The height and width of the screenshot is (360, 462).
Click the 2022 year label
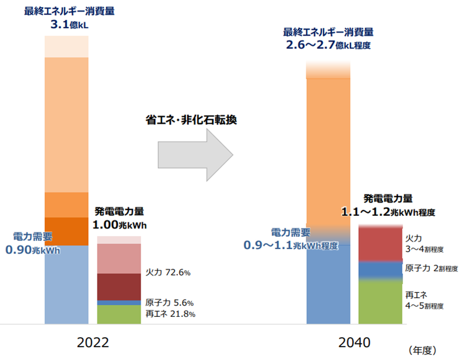pyautogui.click(x=93, y=342)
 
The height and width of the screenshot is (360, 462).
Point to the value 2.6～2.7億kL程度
pyautogui.click(x=328, y=44)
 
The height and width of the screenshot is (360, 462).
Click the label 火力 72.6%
pyautogui.click(x=168, y=272)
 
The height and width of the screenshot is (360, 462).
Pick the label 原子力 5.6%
pyautogui.click(x=170, y=303)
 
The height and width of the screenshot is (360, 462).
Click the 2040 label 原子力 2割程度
pyautogui.click(x=424, y=268)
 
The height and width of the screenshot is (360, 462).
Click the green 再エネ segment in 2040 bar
pyautogui.click(x=380, y=302)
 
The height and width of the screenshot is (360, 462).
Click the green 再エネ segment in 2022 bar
pyautogui.click(x=119, y=314)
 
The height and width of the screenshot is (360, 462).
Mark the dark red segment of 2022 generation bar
pyautogui.click(x=119, y=286)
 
